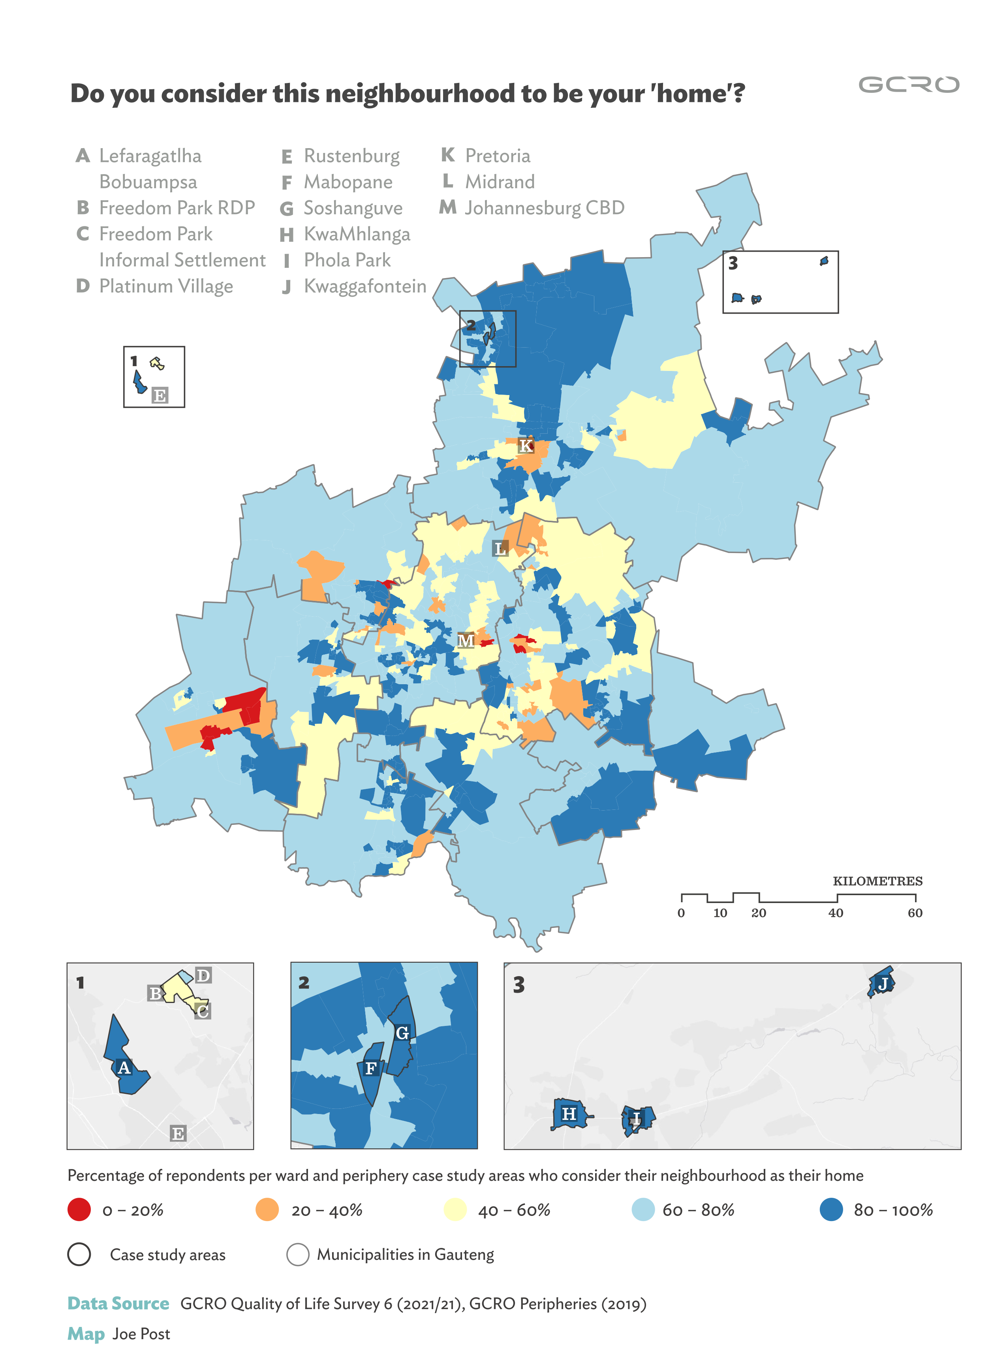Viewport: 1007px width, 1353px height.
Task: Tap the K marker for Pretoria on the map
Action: pyautogui.click(x=526, y=446)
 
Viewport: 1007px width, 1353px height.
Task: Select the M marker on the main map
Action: pyautogui.click(x=466, y=641)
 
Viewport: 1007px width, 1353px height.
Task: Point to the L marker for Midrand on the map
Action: pyautogui.click(x=500, y=549)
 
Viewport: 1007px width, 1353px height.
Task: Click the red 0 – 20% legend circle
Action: pyautogui.click(x=79, y=1210)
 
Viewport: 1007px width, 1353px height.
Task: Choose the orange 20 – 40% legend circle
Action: pyautogui.click(x=267, y=1210)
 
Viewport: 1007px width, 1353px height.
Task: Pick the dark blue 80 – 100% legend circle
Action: pyautogui.click(x=831, y=1210)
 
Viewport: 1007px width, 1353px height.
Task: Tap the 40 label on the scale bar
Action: pyautogui.click(x=836, y=913)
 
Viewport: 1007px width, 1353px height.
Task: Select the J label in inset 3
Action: pyautogui.click(x=883, y=984)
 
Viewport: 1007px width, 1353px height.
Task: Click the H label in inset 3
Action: pyautogui.click(x=569, y=1114)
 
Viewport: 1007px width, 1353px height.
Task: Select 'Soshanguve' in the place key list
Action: pyautogui.click(x=353, y=208)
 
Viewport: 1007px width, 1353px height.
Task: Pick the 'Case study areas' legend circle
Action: pyautogui.click(x=79, y=1254)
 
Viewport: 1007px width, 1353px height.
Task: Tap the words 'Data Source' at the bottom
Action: pyautogui.click(x=118, y=1304)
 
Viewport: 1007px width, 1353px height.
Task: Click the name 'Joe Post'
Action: pyautogui.click(x=141, y=1334)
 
